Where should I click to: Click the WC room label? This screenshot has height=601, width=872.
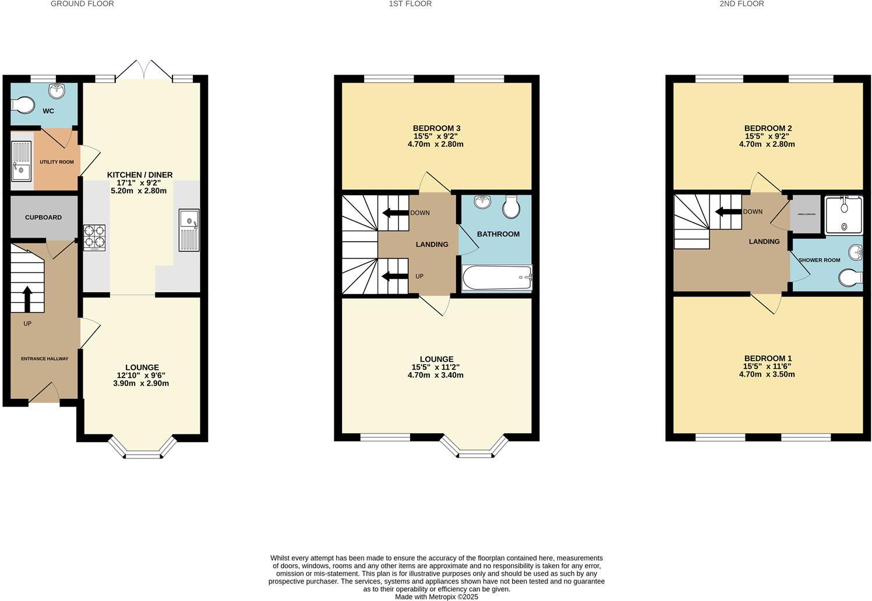[x=48, y=111]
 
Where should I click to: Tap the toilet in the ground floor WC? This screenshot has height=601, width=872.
[x=23, y=105]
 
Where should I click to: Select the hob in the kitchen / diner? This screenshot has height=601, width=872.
[x=94, y=238]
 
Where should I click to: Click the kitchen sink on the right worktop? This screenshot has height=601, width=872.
[x=189, y=230]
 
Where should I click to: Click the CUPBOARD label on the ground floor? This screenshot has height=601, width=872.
[x=43, y=217]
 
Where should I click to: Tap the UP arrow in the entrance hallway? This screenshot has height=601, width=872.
[x=27, y=299]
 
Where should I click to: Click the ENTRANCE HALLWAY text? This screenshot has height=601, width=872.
[x=44, y=359]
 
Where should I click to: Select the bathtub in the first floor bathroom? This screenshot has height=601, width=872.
[x=497, y=278]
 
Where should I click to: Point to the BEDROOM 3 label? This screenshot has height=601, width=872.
[x=436, y=128]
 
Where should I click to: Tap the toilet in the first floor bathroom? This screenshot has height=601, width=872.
[x=511, y=206]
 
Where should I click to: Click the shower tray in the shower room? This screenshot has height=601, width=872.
[x=843, y=215]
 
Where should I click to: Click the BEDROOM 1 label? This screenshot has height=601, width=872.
[x=767, y=358]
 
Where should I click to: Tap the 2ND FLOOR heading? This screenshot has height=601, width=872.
[x=742, y=4]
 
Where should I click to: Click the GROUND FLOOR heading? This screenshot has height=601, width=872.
[x=82, y=4]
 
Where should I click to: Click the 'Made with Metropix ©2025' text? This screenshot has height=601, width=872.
[x=436, y=596]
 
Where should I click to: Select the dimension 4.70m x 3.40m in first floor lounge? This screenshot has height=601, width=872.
[x=435, y=375]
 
